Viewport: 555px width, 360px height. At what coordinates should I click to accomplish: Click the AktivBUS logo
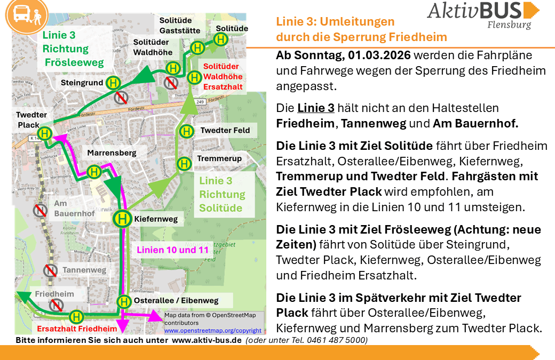click(x=483, y=15)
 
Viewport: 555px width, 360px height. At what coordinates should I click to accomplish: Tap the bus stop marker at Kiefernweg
click(x=122, y=218)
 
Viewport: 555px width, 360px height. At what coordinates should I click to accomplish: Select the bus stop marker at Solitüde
click(x=221, y=39)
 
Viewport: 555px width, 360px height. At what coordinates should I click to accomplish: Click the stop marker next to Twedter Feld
click(x=186, y=131)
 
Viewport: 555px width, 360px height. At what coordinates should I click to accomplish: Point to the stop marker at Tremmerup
click(x=184, y=163)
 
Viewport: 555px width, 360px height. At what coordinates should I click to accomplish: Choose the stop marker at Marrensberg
click(x=94, y=172)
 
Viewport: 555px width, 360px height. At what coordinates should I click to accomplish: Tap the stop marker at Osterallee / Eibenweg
click(x=124, y=301)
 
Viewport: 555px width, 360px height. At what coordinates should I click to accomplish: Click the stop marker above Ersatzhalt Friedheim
click(x=77, y=317)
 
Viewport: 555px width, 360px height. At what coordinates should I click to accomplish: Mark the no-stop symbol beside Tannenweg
click(x=51, y=270)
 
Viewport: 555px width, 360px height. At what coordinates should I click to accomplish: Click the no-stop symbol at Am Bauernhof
click(x=40, y=210)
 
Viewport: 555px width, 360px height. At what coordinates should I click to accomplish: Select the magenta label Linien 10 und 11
click(x=173, y=250)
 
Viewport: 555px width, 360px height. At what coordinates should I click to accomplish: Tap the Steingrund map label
click(x=82, y=83)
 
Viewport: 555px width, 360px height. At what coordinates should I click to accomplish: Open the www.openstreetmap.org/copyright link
click(x=212, y=331)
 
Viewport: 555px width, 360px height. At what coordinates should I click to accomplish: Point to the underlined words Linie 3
click(x=316, y=108)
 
